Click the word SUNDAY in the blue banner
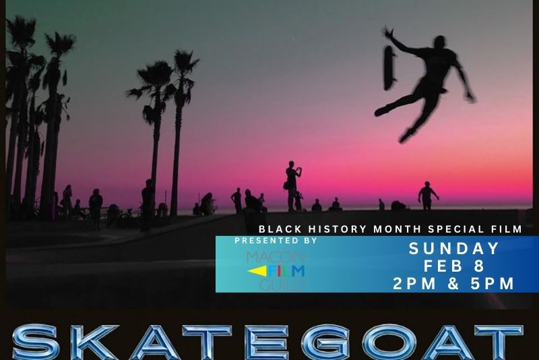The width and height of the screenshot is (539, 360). pos(454,249)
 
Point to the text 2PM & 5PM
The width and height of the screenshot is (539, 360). pos(454,283)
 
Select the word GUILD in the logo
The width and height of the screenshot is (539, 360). pos(282,284)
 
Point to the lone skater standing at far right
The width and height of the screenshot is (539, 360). pos(427,196)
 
